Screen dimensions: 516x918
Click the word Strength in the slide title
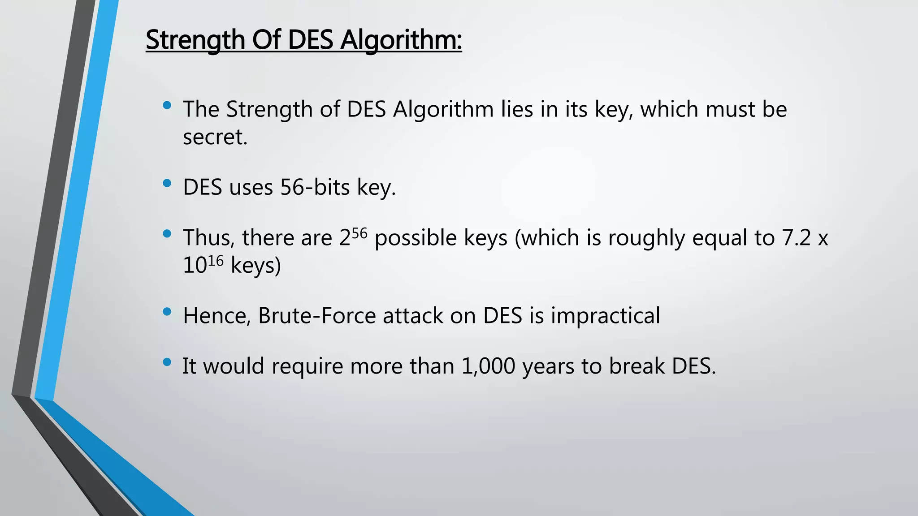[195, 40]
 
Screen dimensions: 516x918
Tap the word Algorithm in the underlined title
[400, 40]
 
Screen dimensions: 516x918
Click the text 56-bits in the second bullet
[315, 187]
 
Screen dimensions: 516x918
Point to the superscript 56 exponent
[359, 233]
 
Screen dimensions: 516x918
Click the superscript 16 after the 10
[216, 261]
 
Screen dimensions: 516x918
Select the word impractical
[605, 316]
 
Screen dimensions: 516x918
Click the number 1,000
[488, 366]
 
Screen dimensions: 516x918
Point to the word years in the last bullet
[548, 366]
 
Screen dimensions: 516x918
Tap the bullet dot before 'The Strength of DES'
[167, 106]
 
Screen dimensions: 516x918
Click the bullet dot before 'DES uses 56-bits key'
[167, 183]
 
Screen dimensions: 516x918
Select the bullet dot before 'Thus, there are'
[167, 234]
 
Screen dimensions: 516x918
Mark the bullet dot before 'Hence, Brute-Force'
[167, 312]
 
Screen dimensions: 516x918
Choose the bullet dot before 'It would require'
[167, 362]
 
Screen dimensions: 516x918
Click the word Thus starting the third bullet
[208, 238]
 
